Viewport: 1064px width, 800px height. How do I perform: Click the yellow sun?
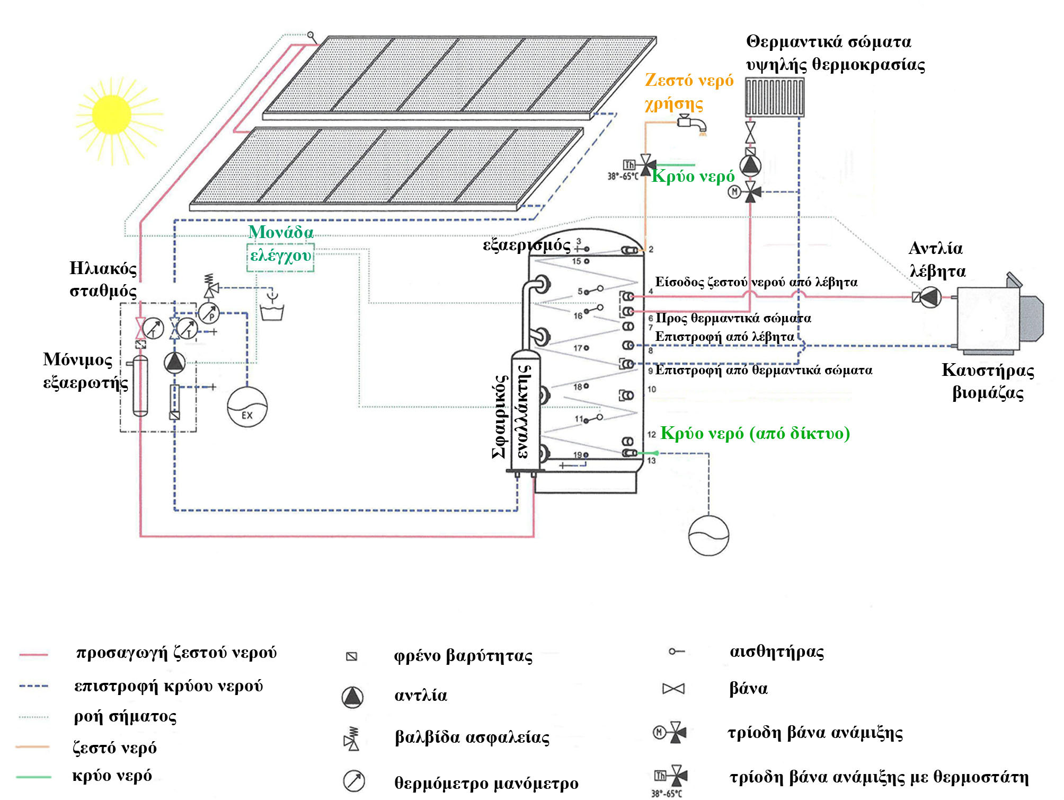tap(112, 115)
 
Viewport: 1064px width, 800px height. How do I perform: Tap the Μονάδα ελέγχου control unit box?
tap(280, 257)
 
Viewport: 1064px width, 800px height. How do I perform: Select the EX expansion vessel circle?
tap(247, 407)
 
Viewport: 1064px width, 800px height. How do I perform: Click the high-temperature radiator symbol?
tap(774, 97)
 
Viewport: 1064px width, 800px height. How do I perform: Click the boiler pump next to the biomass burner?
tap(930, 297)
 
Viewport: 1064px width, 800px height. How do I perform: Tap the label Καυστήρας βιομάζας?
tap(988, 381)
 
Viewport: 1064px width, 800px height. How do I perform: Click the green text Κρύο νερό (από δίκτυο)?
tap(755, 434)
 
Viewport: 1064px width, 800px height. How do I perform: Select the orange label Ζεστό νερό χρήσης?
tap(688, 91)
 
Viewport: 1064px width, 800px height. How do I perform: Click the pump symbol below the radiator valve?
tap(750, 165)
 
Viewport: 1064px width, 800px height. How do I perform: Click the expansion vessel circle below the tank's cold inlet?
tap(708, 535)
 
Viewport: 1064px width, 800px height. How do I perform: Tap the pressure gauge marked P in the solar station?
tap(209, 313)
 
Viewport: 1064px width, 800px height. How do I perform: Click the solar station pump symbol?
tap(174, 363)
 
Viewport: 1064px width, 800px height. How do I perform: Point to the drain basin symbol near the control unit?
tap(272, 311)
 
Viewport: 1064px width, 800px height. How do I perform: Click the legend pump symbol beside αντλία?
tap(352, 697)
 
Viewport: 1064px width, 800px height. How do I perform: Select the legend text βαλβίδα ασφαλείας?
tap(472, 737)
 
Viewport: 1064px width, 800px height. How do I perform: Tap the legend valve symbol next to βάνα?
tap(673, 689)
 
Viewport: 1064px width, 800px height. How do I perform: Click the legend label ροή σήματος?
tap(125, 717)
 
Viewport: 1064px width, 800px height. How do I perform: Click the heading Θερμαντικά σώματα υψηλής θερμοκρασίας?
tap(835, 53)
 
